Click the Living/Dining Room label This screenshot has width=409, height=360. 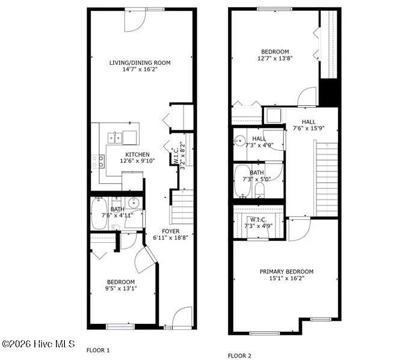tap(140, 63)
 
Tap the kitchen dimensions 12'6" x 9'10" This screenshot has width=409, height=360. tap(138, 161)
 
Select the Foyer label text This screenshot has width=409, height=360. tap(171, 231)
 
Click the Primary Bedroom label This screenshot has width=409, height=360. tap(286, 272)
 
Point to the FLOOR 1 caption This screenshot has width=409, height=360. tap(98, 350)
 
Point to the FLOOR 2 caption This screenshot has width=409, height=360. tap(239, 356)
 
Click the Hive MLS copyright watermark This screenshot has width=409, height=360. tap(38, 344)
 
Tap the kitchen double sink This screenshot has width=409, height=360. tap(115, 138)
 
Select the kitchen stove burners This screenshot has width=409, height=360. tap(98, 161)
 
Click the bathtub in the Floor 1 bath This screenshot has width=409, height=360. tap(99, 214)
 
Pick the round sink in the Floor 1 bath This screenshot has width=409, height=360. tap(134, 203)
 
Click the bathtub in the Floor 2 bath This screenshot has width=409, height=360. tap(242, 181)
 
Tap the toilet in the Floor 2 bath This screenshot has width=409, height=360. tap(260, 191)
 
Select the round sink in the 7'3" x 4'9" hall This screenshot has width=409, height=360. tap(239, 141)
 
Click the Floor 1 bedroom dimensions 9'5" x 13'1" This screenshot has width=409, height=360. tap(121, 288)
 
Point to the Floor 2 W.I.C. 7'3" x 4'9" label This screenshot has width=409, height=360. tap(259, 223)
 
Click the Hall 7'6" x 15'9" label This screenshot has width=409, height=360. tap(309, 125)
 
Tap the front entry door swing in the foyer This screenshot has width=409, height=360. tap(182, 317)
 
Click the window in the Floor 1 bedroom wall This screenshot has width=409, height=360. tap(120, 326)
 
